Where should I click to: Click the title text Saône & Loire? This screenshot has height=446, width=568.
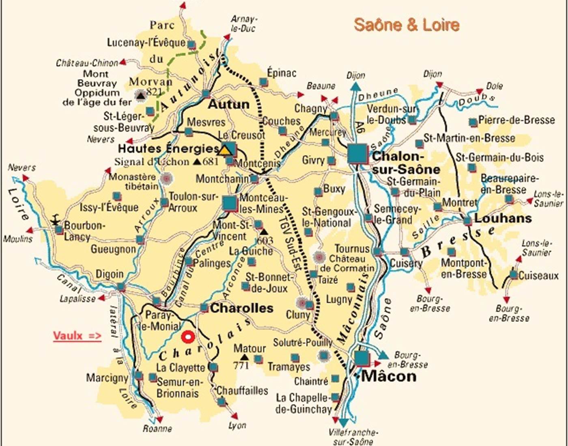click(x=407, y=25)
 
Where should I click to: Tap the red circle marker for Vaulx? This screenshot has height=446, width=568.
click(x=187, y=337)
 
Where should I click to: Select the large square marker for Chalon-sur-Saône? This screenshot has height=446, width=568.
click(x=357, y=154)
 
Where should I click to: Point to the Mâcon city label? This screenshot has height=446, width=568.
click(x=389, y=376)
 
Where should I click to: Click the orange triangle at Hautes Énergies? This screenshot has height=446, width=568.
click(x=224, y=150)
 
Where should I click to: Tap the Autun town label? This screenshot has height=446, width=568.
click(x=228, y=104)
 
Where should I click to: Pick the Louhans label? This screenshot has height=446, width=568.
click(x=503, y=218)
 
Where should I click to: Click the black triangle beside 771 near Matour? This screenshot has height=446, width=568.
click(x=244, y=357)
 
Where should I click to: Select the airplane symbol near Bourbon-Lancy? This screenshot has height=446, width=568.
click(x=55, y=221)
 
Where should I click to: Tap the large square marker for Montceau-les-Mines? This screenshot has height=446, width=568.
click(x=230, y=203)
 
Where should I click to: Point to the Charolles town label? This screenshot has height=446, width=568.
click(x=242, y=308)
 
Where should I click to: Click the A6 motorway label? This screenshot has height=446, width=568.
click(x=360, y=129)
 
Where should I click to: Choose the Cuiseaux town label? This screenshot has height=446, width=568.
click(x=538, y=276)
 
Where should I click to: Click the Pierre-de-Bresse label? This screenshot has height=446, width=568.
click(x=516, y=120)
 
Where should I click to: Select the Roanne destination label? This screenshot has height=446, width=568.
click(x=157, y=429)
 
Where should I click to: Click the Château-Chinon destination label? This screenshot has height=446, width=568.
click(x=87, y=63)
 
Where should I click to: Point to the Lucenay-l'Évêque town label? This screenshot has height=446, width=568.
click(x=146, y=43)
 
